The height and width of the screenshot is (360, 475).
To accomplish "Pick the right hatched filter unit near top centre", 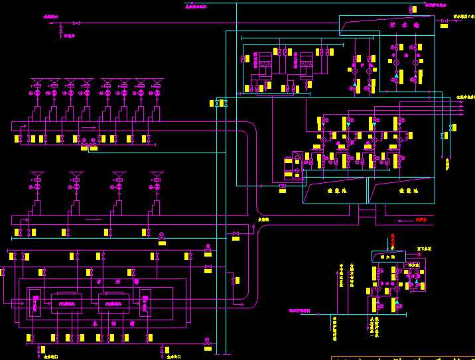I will point(306,69).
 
